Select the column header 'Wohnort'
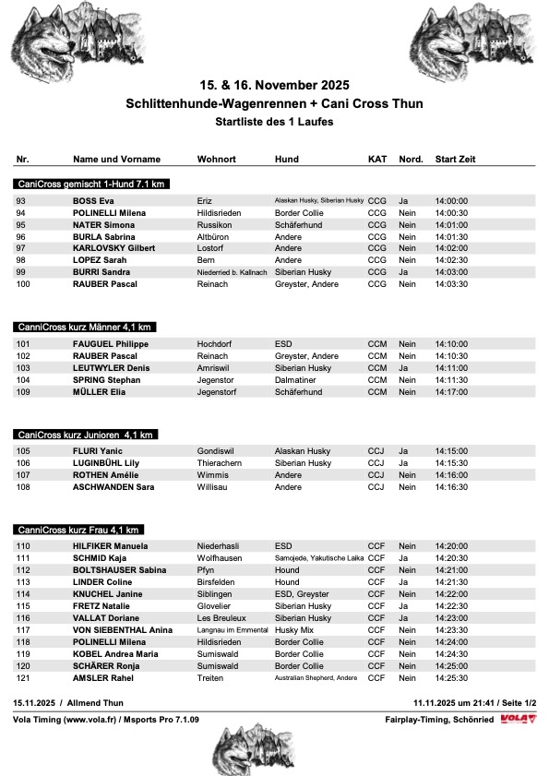(217, 160)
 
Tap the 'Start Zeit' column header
(455, 160)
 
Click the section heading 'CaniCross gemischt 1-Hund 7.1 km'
(90, 185)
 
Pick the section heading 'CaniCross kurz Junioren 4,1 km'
(86, 435)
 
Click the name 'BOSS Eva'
(93, 200)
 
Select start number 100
(24, 284)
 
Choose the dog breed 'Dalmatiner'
(296, 380)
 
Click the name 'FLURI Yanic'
(98, 451)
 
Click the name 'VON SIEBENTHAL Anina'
(123, 630)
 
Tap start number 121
(24, 678)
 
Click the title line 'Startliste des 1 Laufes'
(274, 121)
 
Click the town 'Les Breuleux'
(223, 618)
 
